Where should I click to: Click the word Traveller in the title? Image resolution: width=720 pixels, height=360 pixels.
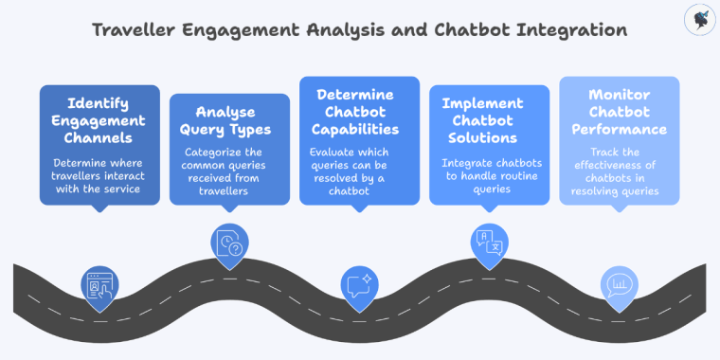pyautogui.click(x=133, y=29)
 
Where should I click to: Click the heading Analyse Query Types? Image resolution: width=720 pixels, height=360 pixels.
pyautogui.click(x=229, y=120)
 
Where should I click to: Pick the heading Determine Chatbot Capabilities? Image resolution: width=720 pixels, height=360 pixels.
pyautogui.click(x=359, y=112)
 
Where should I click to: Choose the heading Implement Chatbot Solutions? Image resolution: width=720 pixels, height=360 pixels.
pyautogui.click(x=489, y=120)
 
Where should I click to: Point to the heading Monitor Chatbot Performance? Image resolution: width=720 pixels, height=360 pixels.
pyautogui.click(x=619, y=112)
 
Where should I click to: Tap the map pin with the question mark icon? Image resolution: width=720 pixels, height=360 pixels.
pyautogui.click(x=229, y=244)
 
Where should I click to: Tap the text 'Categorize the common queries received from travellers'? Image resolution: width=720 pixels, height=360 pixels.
pyautogui.click(x=229, y=171)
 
